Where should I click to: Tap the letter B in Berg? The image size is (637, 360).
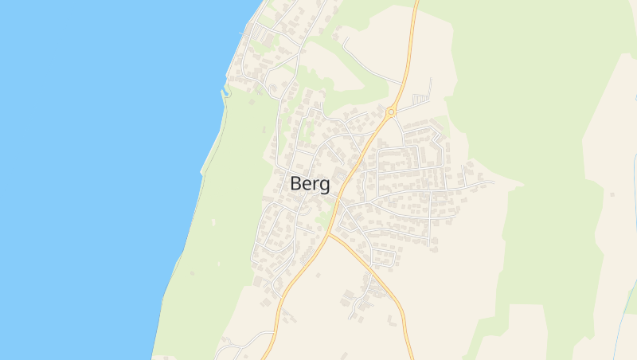(296, 182)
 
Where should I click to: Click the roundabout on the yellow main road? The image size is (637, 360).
(391, 112)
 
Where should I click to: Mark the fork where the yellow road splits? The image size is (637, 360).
(329, 234)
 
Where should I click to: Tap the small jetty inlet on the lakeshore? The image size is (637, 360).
(225, 92)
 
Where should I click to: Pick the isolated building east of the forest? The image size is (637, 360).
(612, 193)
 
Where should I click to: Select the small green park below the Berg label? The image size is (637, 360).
(322, 216)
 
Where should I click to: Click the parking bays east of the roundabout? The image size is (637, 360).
(420, 98)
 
